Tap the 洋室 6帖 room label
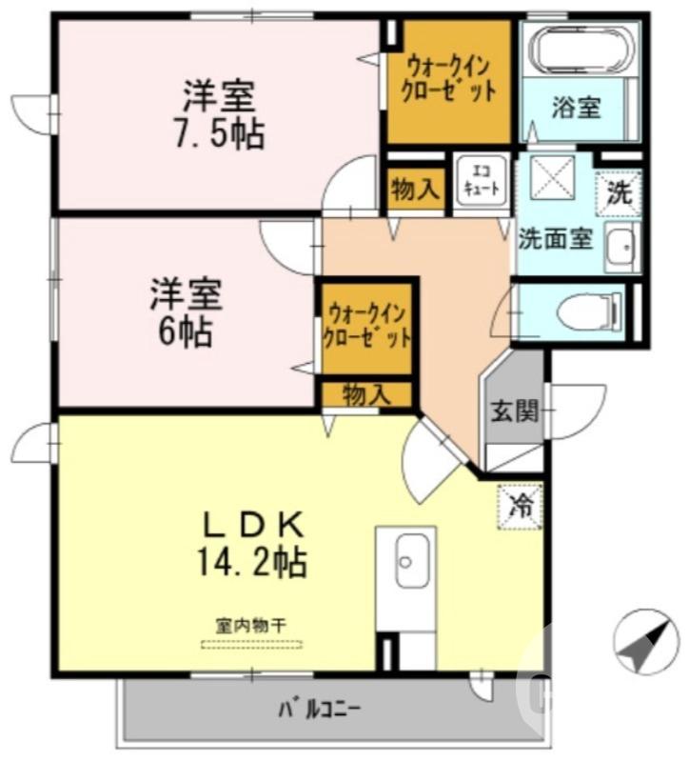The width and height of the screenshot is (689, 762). pyautogui.click(x=186, y=312)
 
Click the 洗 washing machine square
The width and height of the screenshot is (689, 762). pyautogui.click(x=619, y=192)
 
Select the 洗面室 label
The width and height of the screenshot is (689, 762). pyautogui.click(x=556, y=239)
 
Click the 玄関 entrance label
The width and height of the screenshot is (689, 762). pyautogui.click(x=514, y=411)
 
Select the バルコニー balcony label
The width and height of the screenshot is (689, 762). pyautogui.click(x=319, y=710)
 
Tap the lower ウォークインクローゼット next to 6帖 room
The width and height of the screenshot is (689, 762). pyautogui.click(x=366, y=325)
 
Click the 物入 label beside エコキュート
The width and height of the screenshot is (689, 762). pyautogui.click(x=415, y=191)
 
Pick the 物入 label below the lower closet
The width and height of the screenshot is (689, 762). pyautogui.click(x=365, y=393)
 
